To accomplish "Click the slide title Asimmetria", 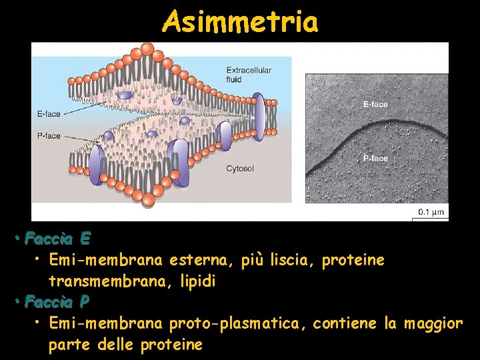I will [240, 22].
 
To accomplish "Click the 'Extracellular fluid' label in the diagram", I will [244, 75].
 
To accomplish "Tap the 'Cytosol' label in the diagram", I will [240, 169].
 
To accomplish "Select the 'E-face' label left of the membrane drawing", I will [48, 114].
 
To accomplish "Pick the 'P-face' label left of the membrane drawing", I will [48, 136].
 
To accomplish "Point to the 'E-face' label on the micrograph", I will [375, 105].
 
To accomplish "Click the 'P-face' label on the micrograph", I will [375, 159].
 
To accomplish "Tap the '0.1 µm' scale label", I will [431, 213].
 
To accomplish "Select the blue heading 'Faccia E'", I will [57, 238].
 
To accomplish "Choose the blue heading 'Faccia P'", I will [57, 302].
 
